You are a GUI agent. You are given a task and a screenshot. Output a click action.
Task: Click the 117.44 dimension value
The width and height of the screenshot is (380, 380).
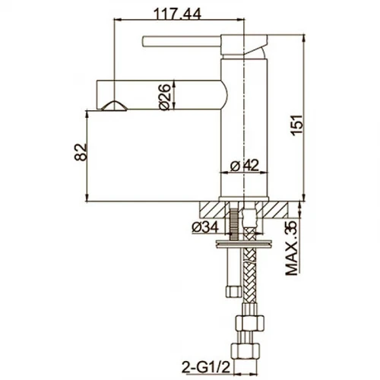[178, 14]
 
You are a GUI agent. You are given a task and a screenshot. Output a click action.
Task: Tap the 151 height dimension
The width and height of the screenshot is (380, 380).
[297, 125]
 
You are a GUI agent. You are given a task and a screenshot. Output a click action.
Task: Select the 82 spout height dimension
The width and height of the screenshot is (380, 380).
[81, 152]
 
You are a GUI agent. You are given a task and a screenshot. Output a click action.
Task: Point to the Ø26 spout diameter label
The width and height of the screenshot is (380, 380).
[165, 97]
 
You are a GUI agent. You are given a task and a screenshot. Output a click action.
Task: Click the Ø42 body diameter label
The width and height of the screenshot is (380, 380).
[245, 166]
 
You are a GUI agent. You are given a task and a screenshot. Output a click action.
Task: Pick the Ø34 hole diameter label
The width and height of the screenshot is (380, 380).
[205, 227]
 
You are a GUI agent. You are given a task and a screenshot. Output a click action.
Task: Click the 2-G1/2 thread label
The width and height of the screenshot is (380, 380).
[206, 366]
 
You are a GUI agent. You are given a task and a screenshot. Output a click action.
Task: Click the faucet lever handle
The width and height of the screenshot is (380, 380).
[181, 41]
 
